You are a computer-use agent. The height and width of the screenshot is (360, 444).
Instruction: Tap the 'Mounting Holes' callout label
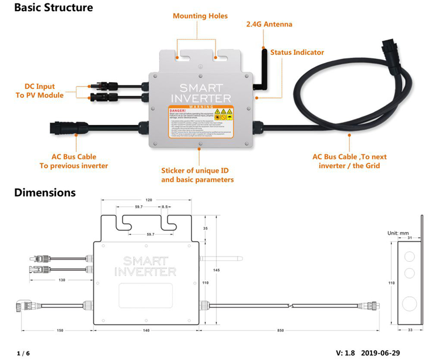click(200, 16)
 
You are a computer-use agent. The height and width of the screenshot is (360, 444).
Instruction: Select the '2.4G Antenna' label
click(269, 24)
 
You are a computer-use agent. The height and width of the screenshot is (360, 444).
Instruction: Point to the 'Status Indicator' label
click(297, 52)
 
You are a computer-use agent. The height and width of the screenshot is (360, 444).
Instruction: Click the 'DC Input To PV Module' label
click(44, 90)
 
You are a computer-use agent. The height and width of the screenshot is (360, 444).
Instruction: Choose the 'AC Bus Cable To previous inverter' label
click(74, 161)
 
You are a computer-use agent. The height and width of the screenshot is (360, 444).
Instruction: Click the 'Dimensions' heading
click(44, 193)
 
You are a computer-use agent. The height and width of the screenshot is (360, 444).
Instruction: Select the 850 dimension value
click(281, 331)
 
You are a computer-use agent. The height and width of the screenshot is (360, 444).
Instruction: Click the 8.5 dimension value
click(165, 207)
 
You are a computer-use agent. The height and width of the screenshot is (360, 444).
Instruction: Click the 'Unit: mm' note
click(397, 233)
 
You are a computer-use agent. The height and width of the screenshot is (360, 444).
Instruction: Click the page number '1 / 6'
click(23, 353)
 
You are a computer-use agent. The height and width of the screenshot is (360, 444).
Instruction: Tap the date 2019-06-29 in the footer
click(380, 353)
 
